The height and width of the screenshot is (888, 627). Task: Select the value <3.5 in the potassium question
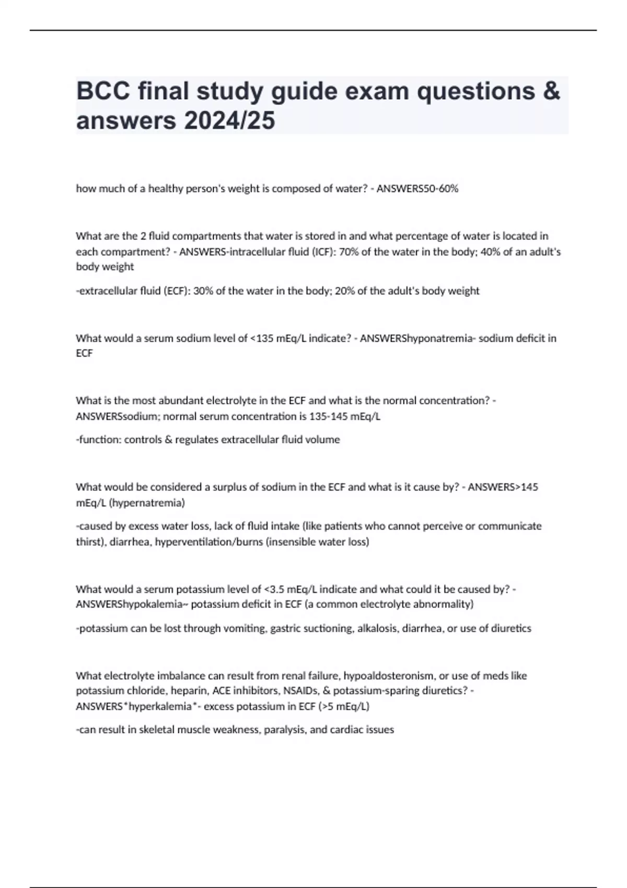pyautogui.click(x=275, y=589)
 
